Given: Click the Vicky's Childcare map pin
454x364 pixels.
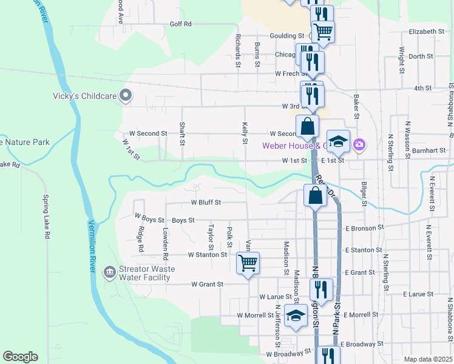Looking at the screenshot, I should pyautogui.click(x=126, y=95).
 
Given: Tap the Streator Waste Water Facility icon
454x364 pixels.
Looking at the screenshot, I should pyautogui.click(x=109, y=271).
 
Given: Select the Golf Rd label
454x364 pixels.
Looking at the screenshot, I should pyautogui.click(x=180, y=24).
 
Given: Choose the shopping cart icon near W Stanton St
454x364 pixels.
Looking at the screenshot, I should pyautogui.click(x=248, y=264).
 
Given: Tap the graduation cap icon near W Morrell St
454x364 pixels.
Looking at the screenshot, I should pyautogui.click(x=296, y=316).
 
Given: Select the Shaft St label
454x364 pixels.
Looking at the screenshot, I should pyautogui.click(x=182, y=133).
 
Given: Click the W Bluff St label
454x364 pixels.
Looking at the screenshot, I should pyautogui.click(x=206, y=202).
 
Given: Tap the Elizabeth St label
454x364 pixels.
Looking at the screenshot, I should pyautogui.click(x=427, y=32).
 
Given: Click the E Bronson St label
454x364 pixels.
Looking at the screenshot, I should pyautogui.click(x=365, y=228).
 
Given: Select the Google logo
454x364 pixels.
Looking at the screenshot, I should pyautogui.click(x=20, y=357).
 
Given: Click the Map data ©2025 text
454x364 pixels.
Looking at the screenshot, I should pyautogui.click(x=427, y=359).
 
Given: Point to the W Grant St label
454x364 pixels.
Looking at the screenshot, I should pyautogui.click(x=208, y=284).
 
